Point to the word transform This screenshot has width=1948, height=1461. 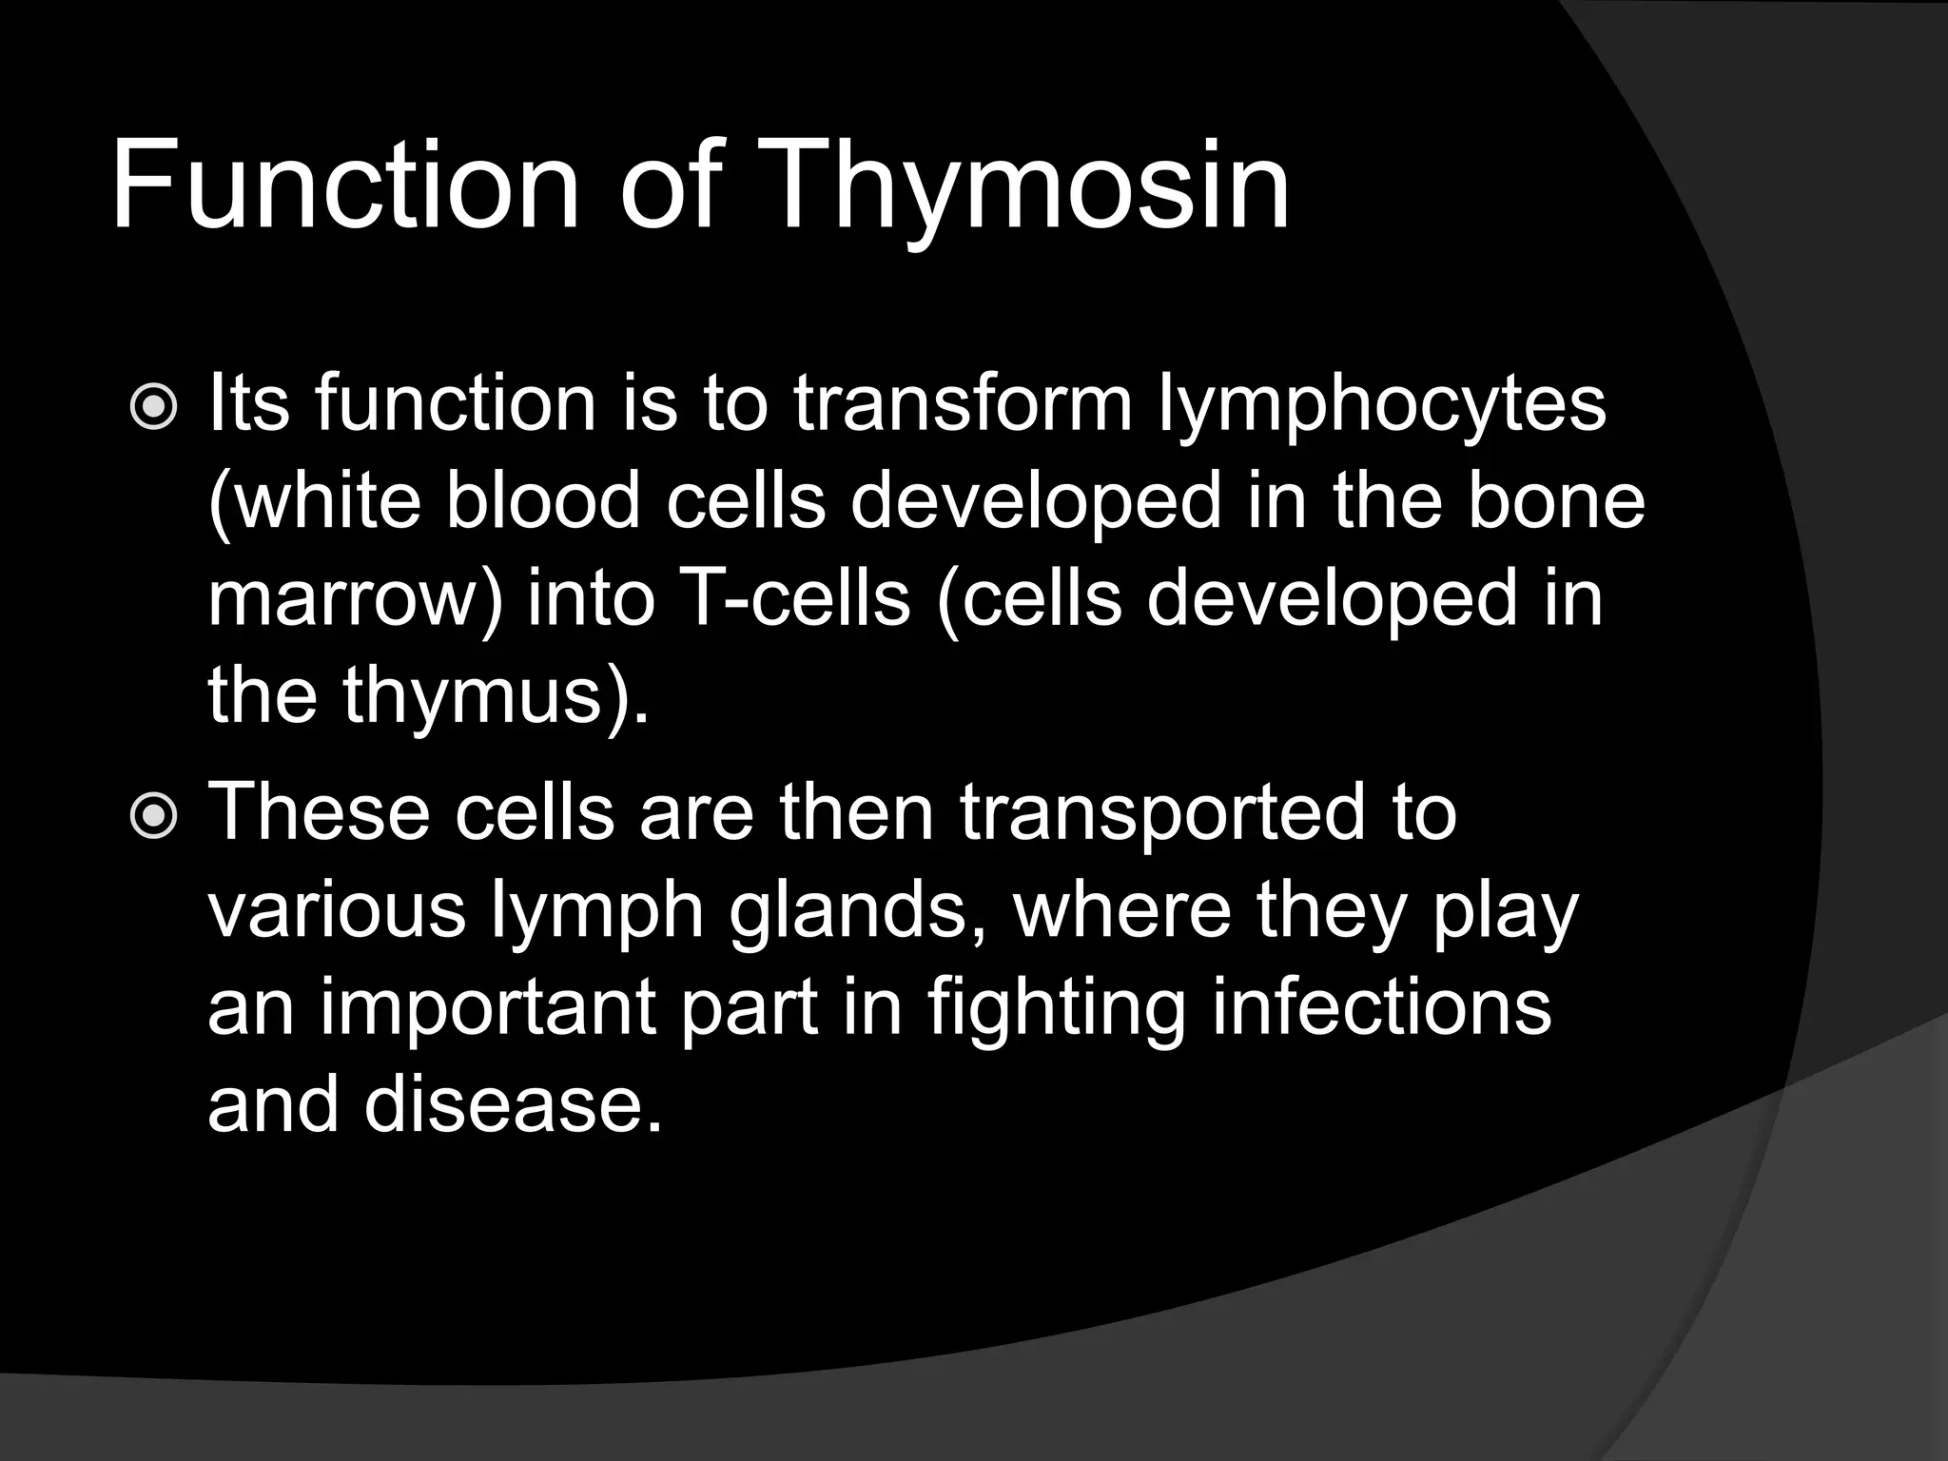coord(963,404)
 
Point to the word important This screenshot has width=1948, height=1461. coord(487,1010)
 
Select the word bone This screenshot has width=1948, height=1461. coord(1555,500)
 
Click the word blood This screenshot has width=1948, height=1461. coord(542,500)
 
